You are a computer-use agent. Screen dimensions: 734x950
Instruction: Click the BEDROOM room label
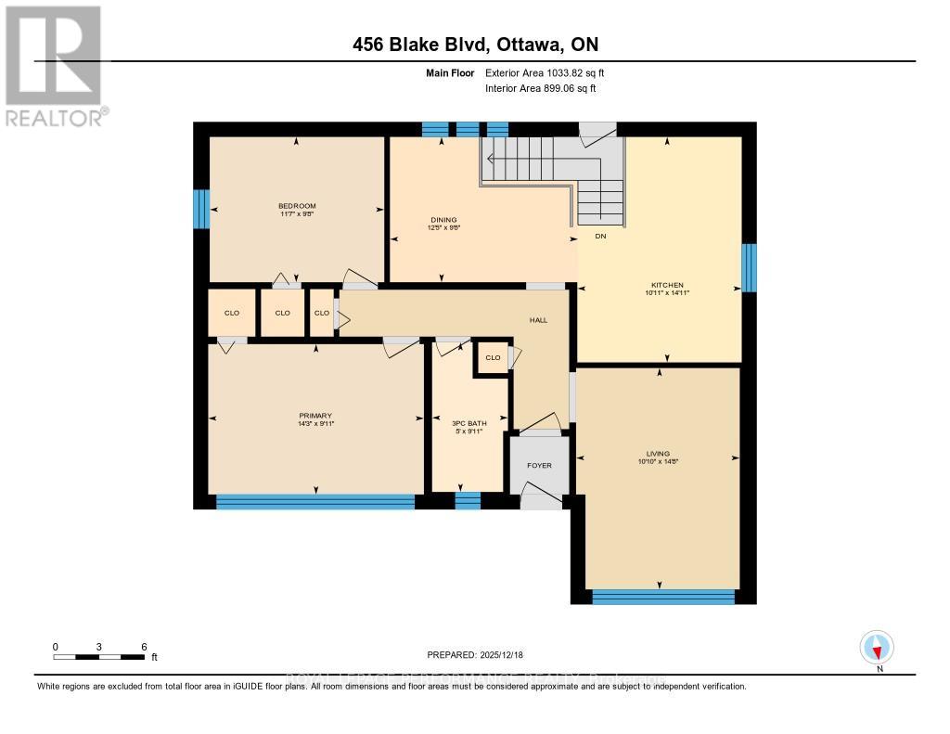[x=297, y=206]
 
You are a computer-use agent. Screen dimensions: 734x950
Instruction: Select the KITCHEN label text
[x=667, y=285]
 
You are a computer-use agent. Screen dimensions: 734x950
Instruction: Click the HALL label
[x=538, y=320]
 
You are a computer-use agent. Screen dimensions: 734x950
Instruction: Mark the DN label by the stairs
[x=599, y=237]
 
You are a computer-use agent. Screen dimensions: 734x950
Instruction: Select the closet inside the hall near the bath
[x=493, y=357]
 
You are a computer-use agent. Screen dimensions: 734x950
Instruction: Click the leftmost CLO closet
[x=231, y=313]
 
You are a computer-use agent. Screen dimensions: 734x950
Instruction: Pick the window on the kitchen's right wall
[x=749, y=267]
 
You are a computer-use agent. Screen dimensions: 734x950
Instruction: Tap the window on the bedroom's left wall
[x=200, y=209]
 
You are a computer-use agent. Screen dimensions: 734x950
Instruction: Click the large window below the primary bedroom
[x=315, y=502]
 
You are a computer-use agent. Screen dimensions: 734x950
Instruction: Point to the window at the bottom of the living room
[x=662, y=597]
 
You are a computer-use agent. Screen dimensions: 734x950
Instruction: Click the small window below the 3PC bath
[x=468, y=502]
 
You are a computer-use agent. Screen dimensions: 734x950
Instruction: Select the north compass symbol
[x=877, y=648]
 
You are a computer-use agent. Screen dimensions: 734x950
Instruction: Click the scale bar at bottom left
[x=99, y=656]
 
